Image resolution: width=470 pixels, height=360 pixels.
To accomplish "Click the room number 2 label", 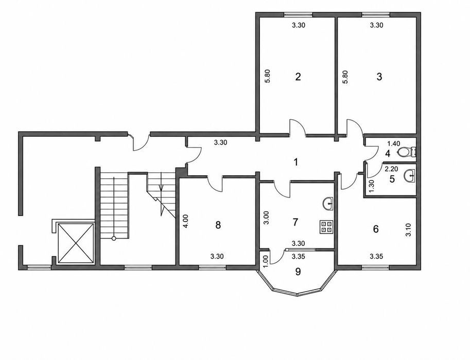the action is pyautogui.click(x=298, y=77).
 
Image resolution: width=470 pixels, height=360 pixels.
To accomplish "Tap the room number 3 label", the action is pyautogui.click(x=379, y=77).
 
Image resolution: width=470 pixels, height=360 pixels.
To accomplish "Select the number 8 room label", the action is pyautogui.click(x=218, y=225).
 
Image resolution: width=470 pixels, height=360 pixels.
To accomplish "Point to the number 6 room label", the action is pyautogui.click(x=376, y=229).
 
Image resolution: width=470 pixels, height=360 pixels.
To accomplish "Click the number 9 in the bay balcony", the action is pyautogui.click(x=298, y=272).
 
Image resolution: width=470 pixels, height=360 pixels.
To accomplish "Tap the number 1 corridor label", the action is pyautogui.click(x=296, y=163).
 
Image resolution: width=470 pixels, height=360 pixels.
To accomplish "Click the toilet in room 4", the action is pyautogui.click(x=407, y=152).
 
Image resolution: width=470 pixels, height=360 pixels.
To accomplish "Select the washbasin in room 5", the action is pyautogui.click(x=409, y=175).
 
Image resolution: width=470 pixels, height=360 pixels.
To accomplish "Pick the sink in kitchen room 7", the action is pyautogui.click(x=328, y=204).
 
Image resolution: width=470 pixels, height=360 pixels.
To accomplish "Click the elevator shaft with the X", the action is pyautogui.click(x=75, y=243).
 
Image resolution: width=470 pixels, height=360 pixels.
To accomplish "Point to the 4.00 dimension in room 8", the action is pyautogui.click(x=186, y=221).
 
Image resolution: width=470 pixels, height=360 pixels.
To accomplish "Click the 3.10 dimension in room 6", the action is pyautogui.click(x=408, y=230).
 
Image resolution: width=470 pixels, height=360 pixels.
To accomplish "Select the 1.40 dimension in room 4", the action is pyautogui.click(x=394, y=143).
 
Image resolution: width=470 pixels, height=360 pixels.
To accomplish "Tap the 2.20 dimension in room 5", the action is pyautogui.click(x=391, y=169).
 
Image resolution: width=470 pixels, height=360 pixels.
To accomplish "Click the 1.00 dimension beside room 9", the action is pyautogui.click(x=265, y=259).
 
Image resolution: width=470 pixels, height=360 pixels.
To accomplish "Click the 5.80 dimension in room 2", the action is pyautogui.click(x=268, y=76).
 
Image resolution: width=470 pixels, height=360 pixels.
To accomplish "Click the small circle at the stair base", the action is pyautogui.click(x=114, y=239).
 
